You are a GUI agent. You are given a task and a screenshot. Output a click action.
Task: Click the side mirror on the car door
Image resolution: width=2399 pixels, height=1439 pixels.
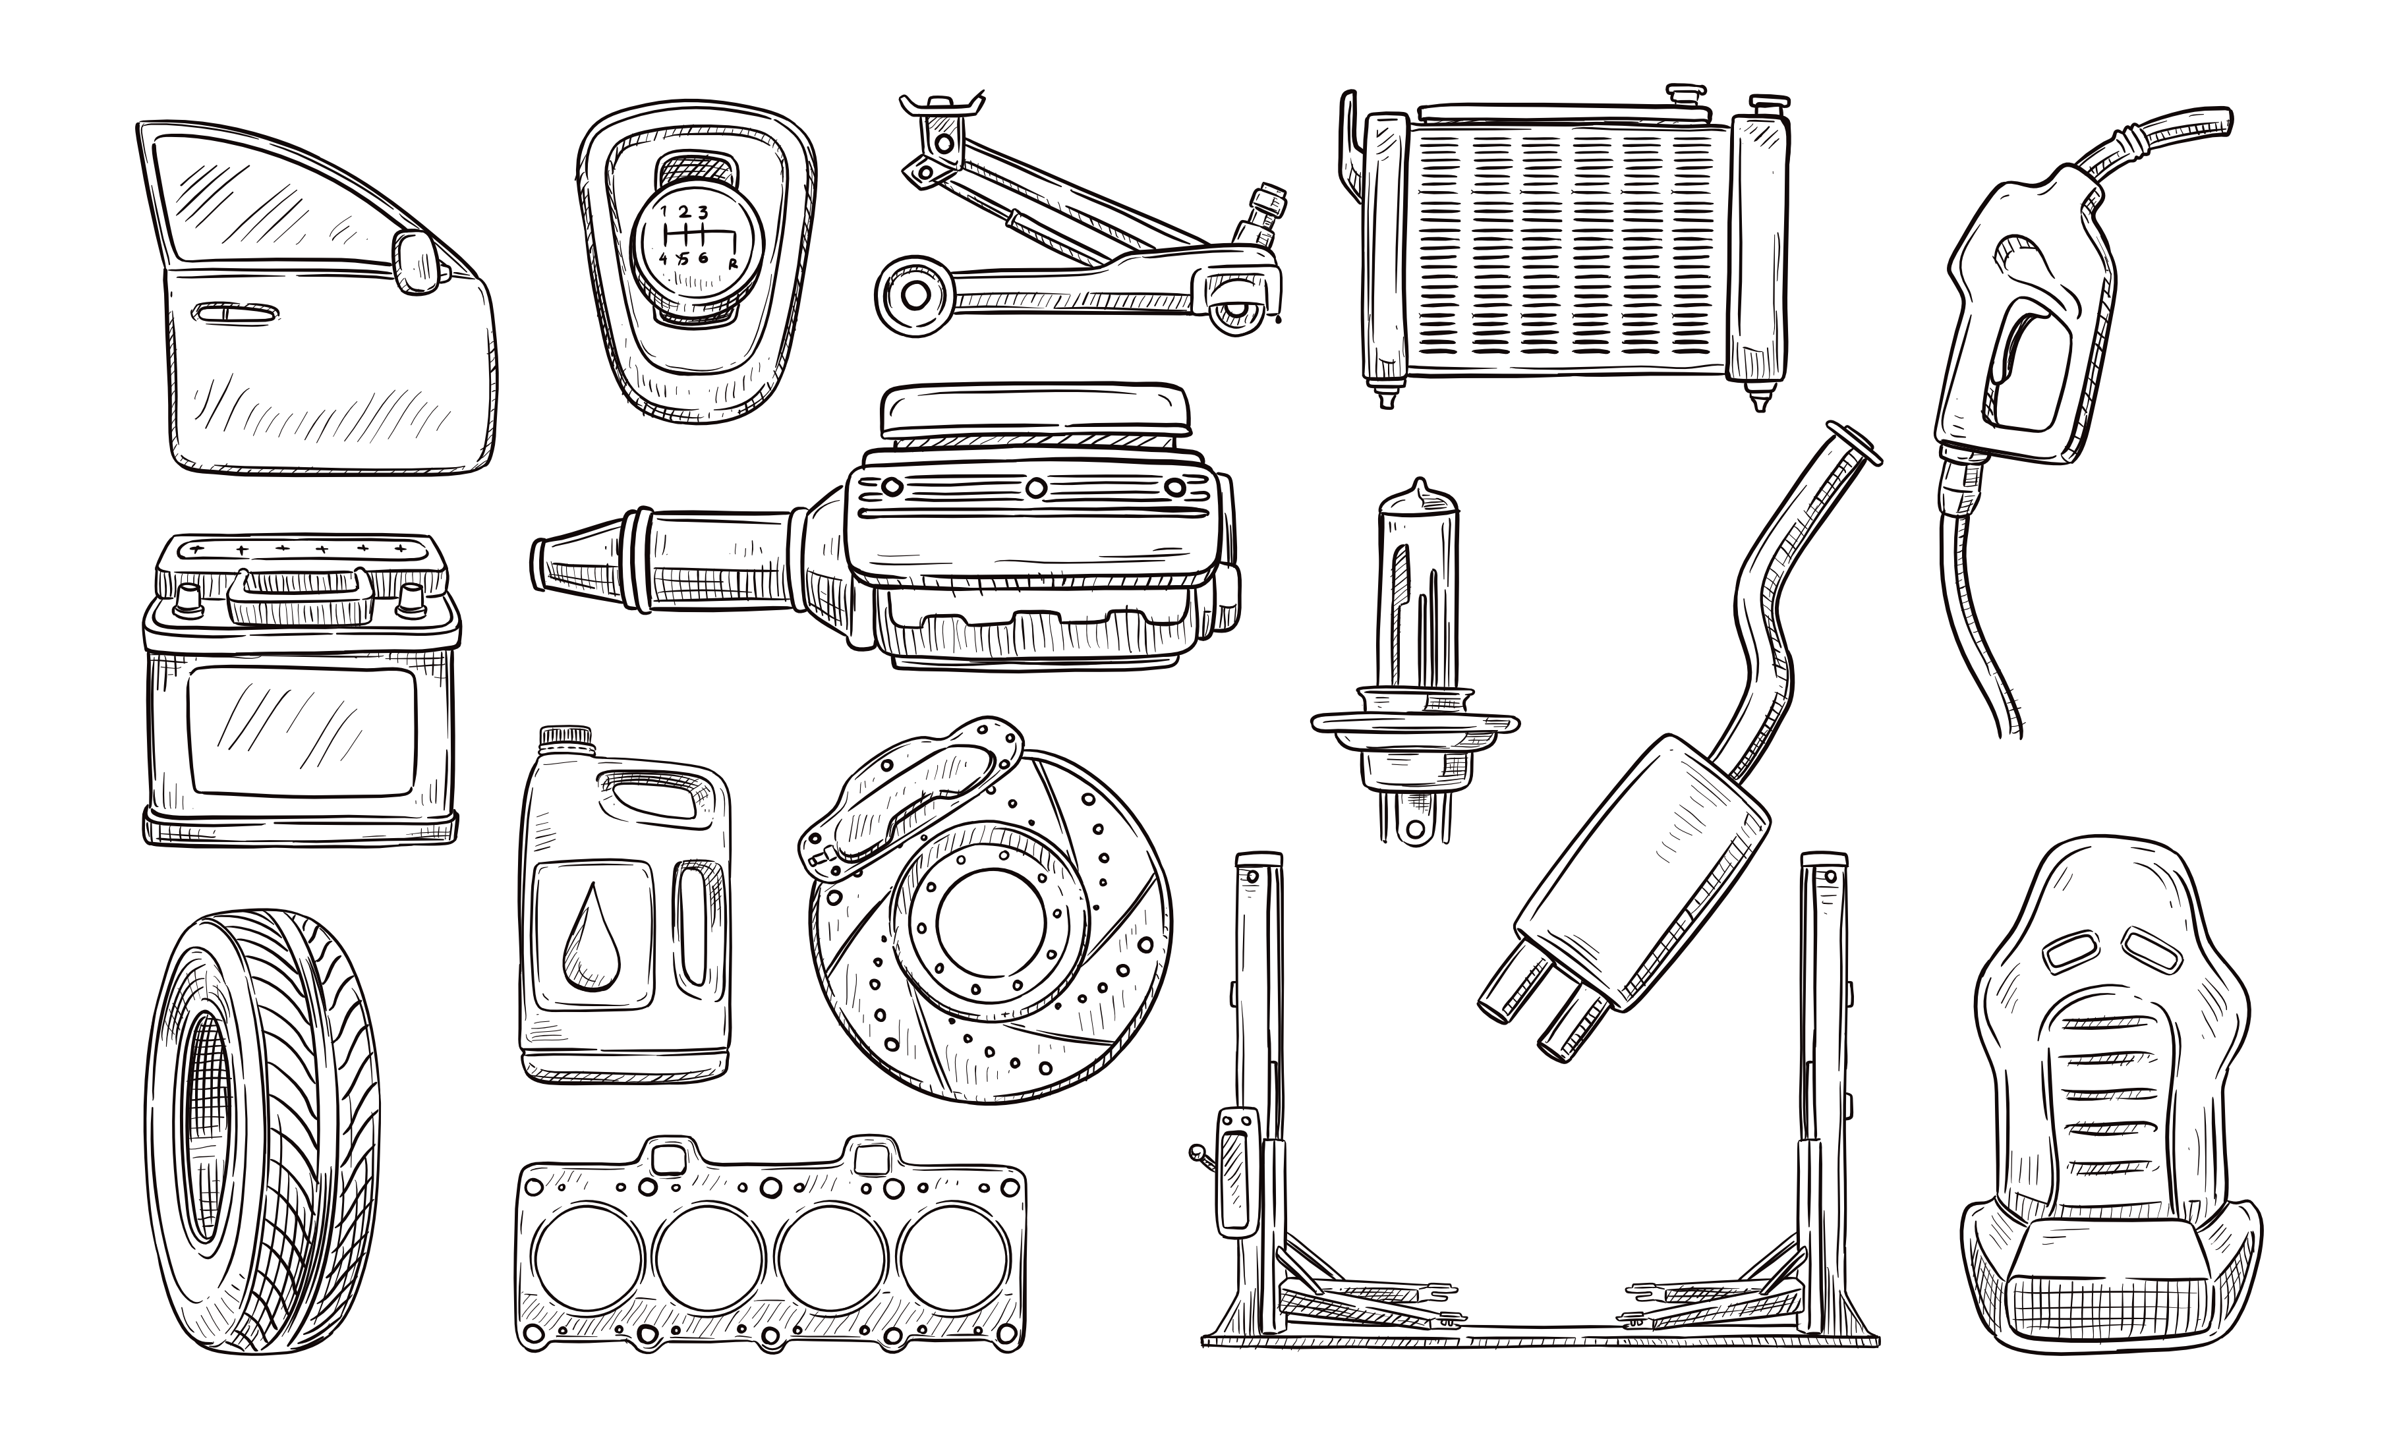click(x=417, y=262)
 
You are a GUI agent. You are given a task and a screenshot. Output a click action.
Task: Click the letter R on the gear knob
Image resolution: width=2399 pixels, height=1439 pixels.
click(x=734, y=260)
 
